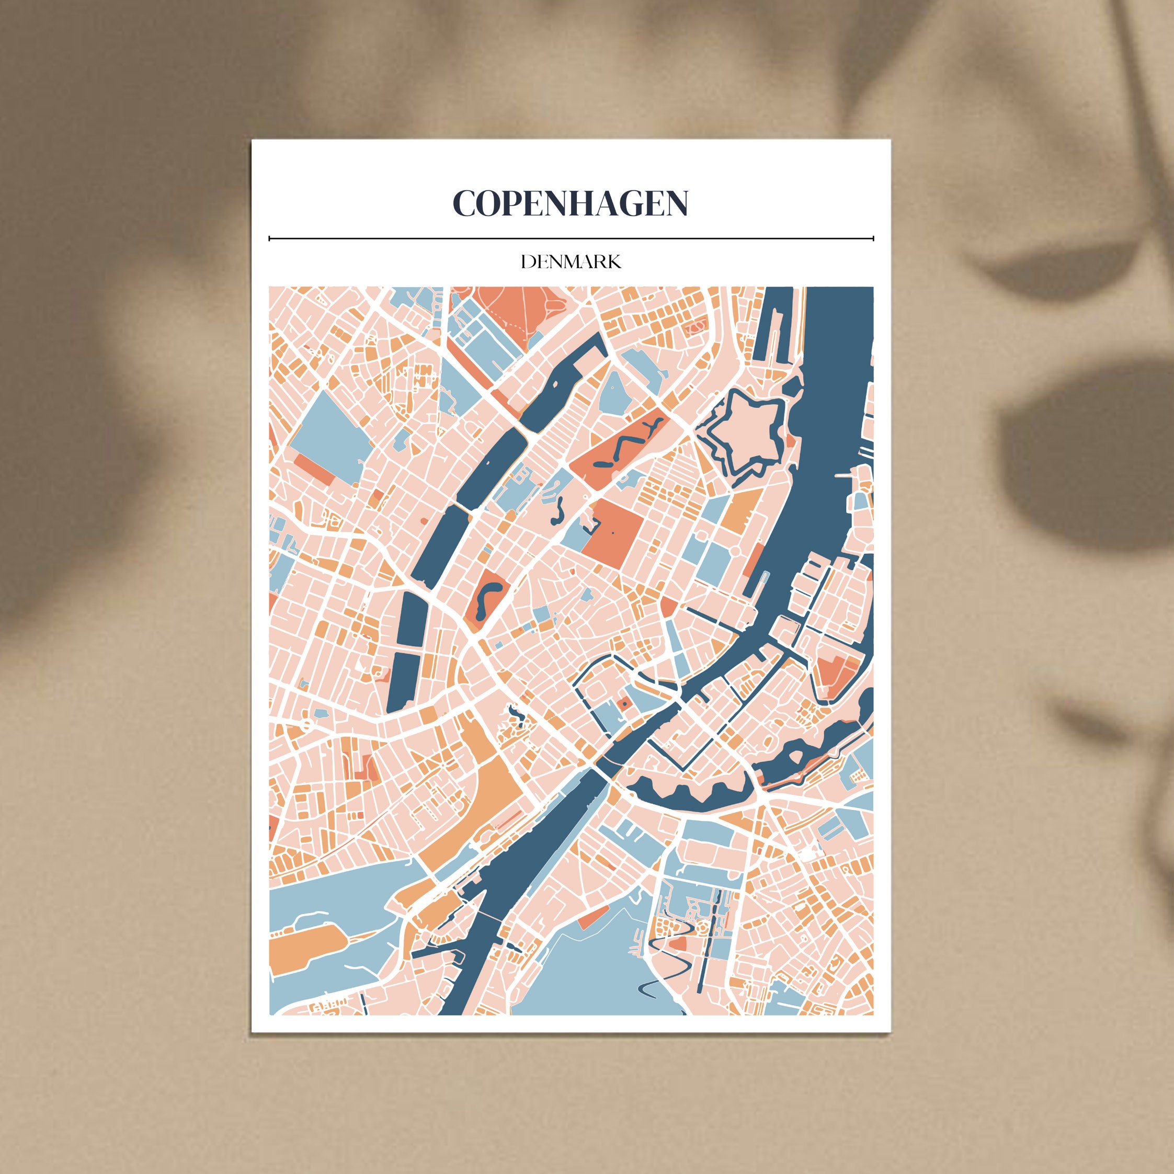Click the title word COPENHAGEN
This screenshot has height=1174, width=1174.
tap(571, 203)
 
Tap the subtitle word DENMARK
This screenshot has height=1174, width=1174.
tap(571, 262)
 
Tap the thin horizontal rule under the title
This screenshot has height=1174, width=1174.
tap(571, 239)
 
